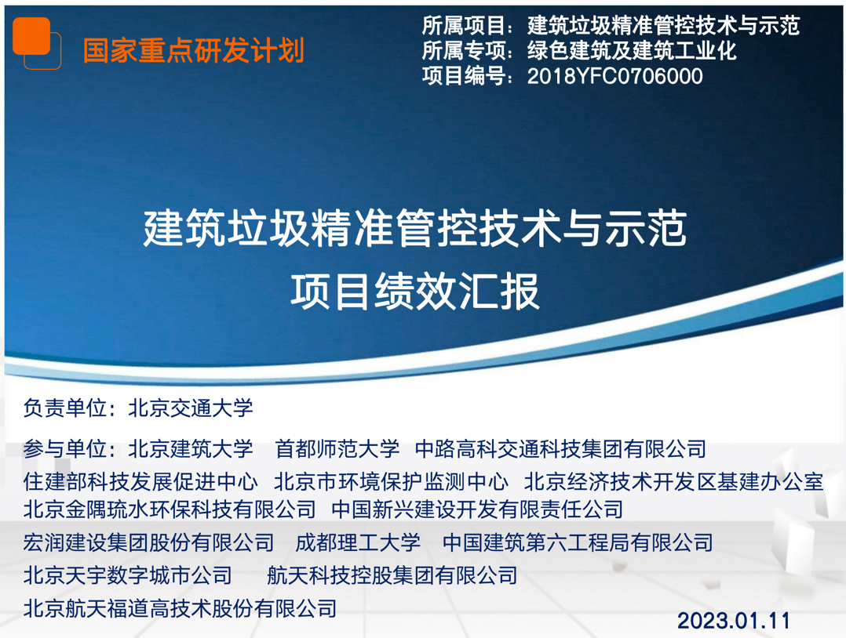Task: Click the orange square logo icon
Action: click(37, 43)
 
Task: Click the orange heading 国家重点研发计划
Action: click(194, 51)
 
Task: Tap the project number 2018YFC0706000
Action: click(615, 77)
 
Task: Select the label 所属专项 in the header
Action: click(464, 51)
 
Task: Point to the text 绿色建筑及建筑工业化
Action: click(632, 51)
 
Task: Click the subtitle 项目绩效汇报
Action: click(415, 292)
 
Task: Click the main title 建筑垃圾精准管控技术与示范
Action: click(415, 229)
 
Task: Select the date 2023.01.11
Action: click(733, 621)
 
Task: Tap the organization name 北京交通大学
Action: click(191, 408)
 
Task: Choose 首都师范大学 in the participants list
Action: click(337, 449)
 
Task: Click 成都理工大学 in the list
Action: click(358, 542)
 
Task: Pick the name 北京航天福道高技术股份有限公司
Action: click(181, 609)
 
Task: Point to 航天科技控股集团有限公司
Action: click(392, 575)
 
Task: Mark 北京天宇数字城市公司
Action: click(128, 575)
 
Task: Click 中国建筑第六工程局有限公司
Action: click(578, 542)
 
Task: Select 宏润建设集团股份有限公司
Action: click(149, 542)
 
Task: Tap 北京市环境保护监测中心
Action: click(391, 482)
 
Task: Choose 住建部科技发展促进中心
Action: click(140, 482)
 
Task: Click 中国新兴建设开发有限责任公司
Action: click(477, 509)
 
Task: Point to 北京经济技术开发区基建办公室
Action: click(674, 482)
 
